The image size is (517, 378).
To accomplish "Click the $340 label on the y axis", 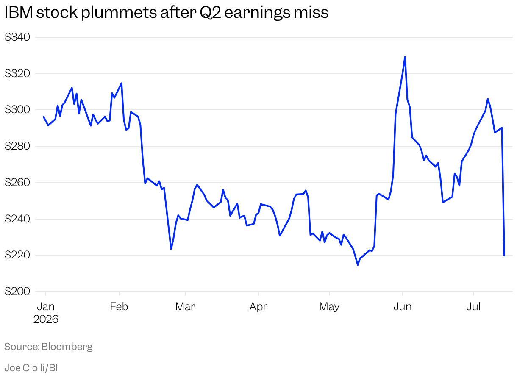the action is pyautogui.click(x=17, y=37).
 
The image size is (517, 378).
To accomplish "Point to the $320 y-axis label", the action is pyautogui.click(x=17, y=73).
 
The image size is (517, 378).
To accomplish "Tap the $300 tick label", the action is pyautogui.click(x=17, y=110).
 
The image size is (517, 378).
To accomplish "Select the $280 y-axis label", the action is pyautogui.click(x=17, y=146).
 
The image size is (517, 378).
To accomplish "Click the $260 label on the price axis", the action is pyautogui.click(x=17, y=182).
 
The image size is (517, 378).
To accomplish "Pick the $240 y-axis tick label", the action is pyautogui.click(x=17, y=219).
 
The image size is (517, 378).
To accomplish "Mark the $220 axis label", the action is pyautogui.click(x=17, y=255).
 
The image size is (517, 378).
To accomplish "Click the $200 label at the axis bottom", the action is pyautogui.click(x=17, y=291).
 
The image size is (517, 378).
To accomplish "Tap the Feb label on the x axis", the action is pyautogui.click(x=119, y=307).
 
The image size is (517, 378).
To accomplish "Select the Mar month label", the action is pyautogui.click(x=185, y=307).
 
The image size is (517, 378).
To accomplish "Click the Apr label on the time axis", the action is pyautogui.click(x=258, y=307).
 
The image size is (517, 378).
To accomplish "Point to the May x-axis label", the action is pyautogui.click(x=329, y=307).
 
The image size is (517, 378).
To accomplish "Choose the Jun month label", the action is pyautogui.click(x=403, y=307).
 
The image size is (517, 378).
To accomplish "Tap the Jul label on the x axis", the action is pyautogui.click(x=473, y=307).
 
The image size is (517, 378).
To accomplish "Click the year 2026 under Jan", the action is pyautogui.click(x=46, y=320).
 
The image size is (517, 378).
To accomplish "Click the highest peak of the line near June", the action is pyautogui.click(x=405, y=57).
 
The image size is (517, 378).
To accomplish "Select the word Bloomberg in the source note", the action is pyautogui.click(x=67, y=347).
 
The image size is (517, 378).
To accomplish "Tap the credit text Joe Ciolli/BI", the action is pyautogui.click(x=31, y=368).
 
